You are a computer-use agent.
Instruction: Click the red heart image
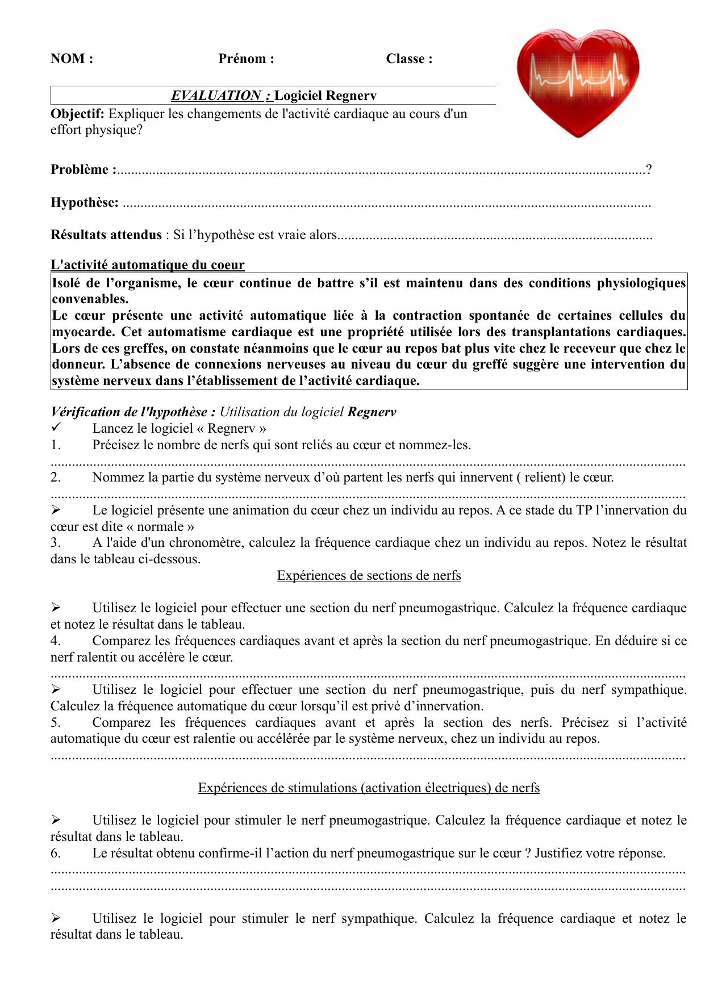point(578,82)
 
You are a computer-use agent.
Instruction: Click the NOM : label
point(72,58)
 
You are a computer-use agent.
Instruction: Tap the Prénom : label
point(246,58)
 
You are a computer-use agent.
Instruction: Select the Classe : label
point(409,58)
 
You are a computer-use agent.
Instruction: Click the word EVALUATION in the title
point(216,95)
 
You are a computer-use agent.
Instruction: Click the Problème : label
point(83,169)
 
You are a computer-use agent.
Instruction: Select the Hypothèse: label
point(85,202)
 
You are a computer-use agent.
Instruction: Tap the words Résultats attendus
point(106,235)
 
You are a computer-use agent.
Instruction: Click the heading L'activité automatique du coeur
point(147,265)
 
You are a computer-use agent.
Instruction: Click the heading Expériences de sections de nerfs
point(369,575)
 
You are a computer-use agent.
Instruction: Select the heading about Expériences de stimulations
point(369,788)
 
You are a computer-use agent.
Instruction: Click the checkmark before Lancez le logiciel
point(56,428)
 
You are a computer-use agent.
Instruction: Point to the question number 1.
point(55,445)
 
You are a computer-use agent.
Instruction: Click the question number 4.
point(55,641)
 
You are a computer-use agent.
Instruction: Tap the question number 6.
point(55,853)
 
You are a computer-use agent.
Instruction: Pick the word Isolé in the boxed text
point(66,283)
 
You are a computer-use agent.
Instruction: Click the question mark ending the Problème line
point(649,169)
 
